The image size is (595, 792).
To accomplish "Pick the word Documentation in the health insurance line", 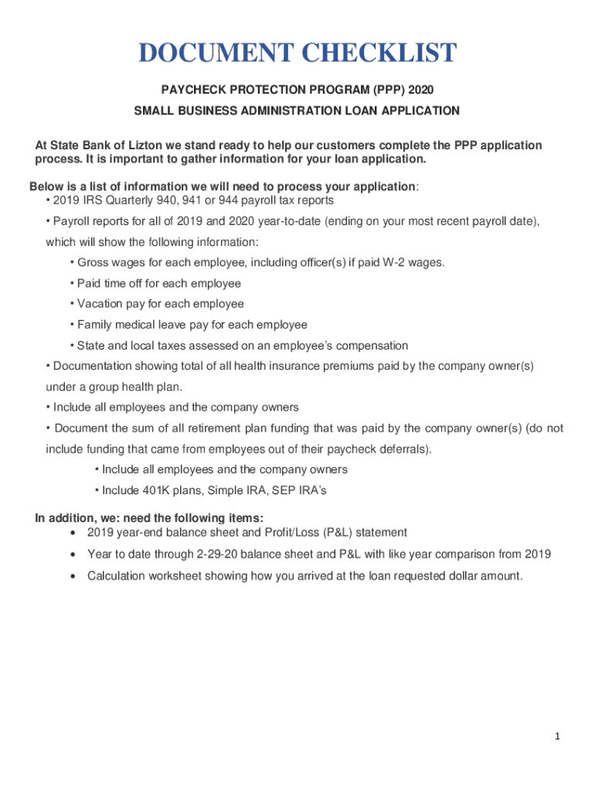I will pos(89,365).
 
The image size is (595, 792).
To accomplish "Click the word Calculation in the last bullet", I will pos(117,575).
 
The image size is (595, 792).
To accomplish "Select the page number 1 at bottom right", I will pos(556,737).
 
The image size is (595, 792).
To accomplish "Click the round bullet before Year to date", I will pos(73,555).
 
